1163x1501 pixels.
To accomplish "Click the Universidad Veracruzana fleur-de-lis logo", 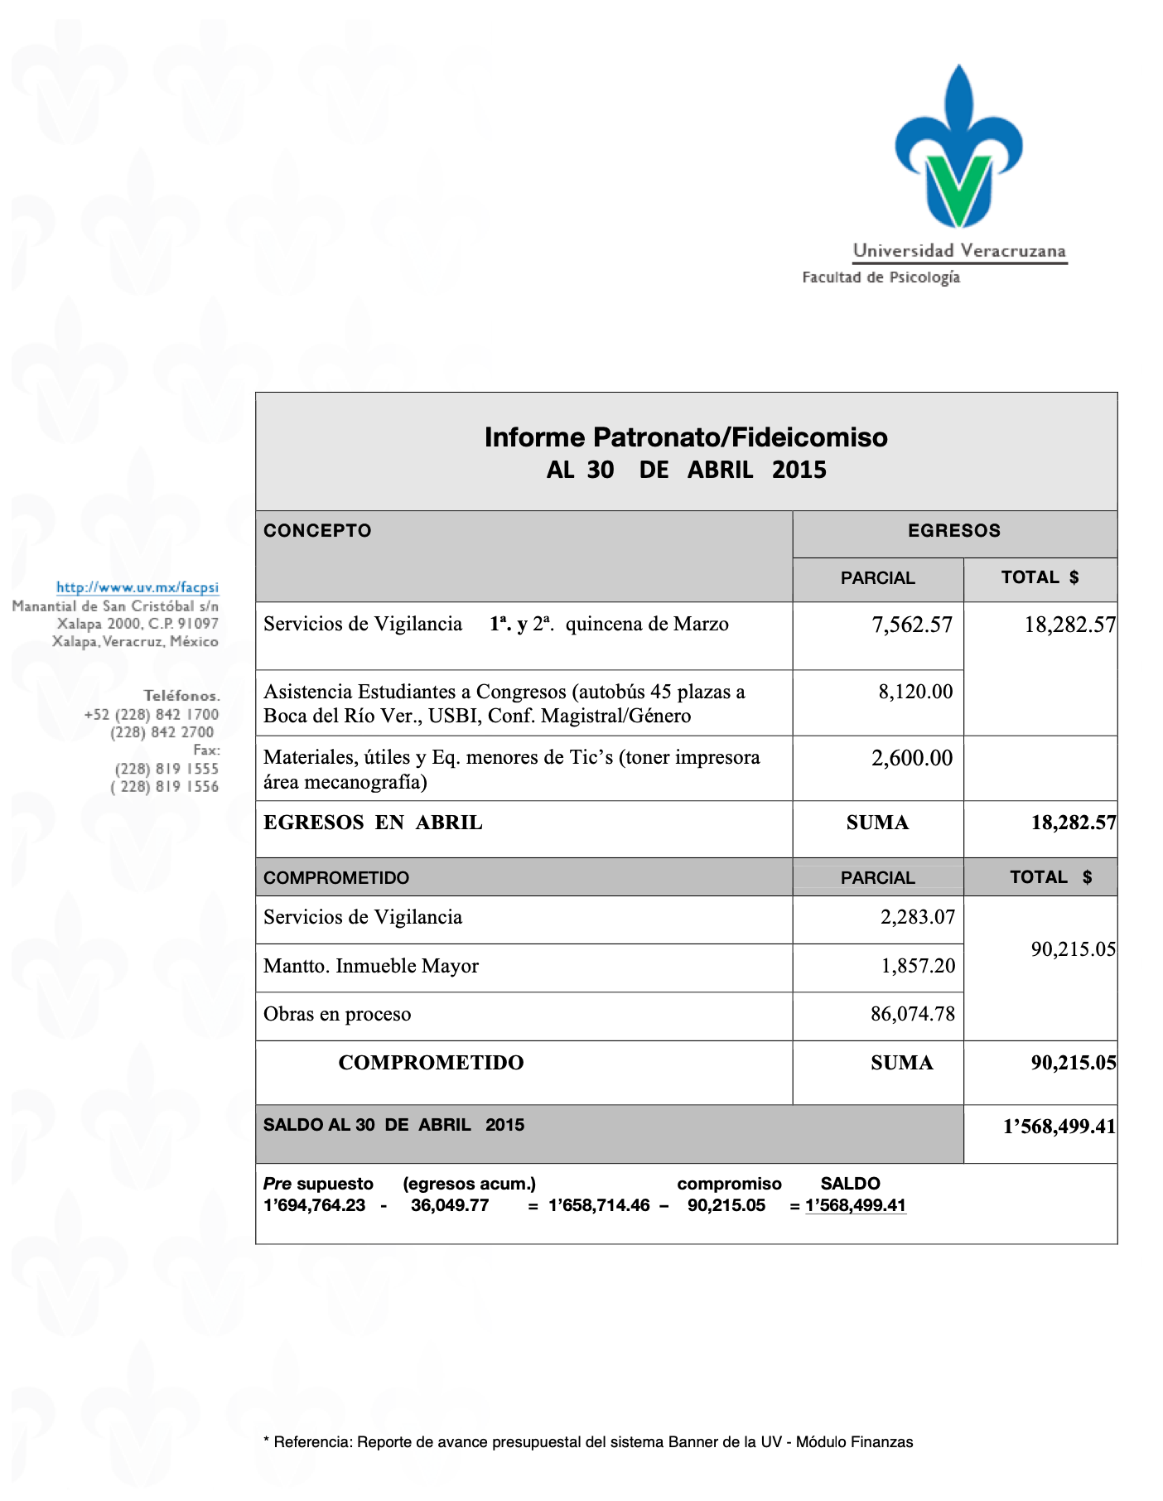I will click(x=958, y=147).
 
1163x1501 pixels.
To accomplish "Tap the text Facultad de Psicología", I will click(x=881, y=278).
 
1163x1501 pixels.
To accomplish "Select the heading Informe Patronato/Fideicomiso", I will click(x=685, y=437).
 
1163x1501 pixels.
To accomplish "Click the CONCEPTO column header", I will click(x=317, y=531).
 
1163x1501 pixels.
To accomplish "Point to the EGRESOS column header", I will click(x=953, y=531).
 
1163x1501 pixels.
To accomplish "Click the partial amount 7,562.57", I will click(x=912, y=625).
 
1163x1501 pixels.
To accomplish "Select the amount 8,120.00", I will click(x=915, y=692).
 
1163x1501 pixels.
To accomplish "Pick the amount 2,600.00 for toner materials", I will click(x=912, y=758).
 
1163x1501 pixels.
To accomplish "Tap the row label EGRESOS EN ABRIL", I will click(x=373, y=823).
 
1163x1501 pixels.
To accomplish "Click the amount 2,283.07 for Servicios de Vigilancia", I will click(x=917, y=917).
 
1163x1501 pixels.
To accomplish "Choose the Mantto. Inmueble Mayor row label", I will click(x=370, y=966).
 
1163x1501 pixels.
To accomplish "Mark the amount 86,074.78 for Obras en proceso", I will click(x=912, y=1014).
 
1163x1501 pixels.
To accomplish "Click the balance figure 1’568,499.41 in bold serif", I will click(x=1059, y=1127).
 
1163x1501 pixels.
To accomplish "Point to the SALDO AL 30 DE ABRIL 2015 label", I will click(x=393, y=1125).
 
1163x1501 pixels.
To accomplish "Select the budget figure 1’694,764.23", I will click(x=314, y=1205).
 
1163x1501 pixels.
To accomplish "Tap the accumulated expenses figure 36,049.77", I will click(x=450, y=1205).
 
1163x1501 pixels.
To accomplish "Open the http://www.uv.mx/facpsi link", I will click(x=138, y=587).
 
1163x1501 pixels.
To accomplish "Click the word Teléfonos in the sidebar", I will click(x=181, y=696).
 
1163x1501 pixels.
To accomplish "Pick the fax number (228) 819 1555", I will click(x=166, y=769).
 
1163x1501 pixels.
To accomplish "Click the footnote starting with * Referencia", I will click(x=587, y=1442).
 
